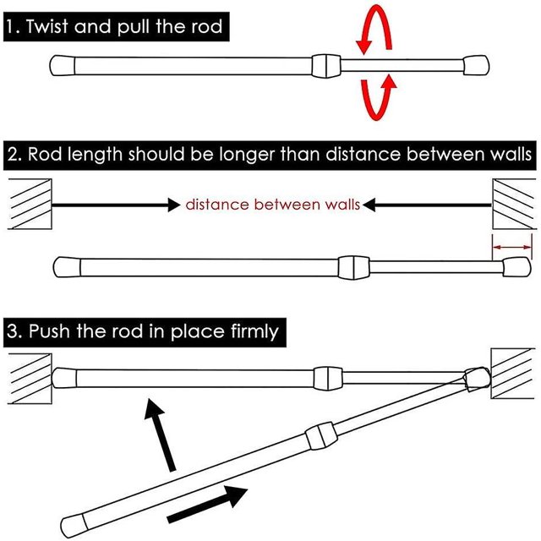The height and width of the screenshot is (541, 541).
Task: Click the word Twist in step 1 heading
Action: [47, 26]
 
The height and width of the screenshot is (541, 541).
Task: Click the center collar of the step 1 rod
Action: [326, 66]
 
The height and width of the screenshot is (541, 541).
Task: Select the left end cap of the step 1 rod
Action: [62, 66]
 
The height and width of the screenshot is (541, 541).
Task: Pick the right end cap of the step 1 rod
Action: [476, 65]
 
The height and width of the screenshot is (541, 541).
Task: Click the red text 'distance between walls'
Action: [272, 205]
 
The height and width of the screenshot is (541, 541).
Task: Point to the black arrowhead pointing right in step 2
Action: [174, 205]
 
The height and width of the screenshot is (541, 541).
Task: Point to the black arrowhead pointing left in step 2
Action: [369, 205]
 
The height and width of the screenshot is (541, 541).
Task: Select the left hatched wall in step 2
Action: [30, 204]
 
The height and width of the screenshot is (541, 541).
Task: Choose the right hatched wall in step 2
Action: [514, 204]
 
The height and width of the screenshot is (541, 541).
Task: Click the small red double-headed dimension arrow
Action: [512, 247]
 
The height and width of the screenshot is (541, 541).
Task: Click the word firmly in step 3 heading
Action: [254, 331]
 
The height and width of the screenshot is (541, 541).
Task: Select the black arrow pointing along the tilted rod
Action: [207, 504]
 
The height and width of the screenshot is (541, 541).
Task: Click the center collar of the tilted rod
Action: [321, 436]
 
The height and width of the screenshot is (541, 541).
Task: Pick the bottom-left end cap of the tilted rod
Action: [73, 526]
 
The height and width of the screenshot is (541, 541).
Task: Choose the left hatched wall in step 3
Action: [30, 379]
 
